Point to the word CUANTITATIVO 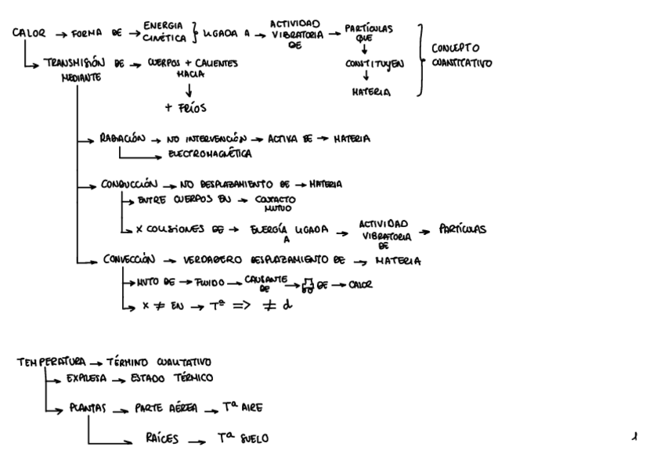click(x=462, y=63)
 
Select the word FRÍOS click(x=185, y=107)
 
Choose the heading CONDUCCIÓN click(x=129, y=185)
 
